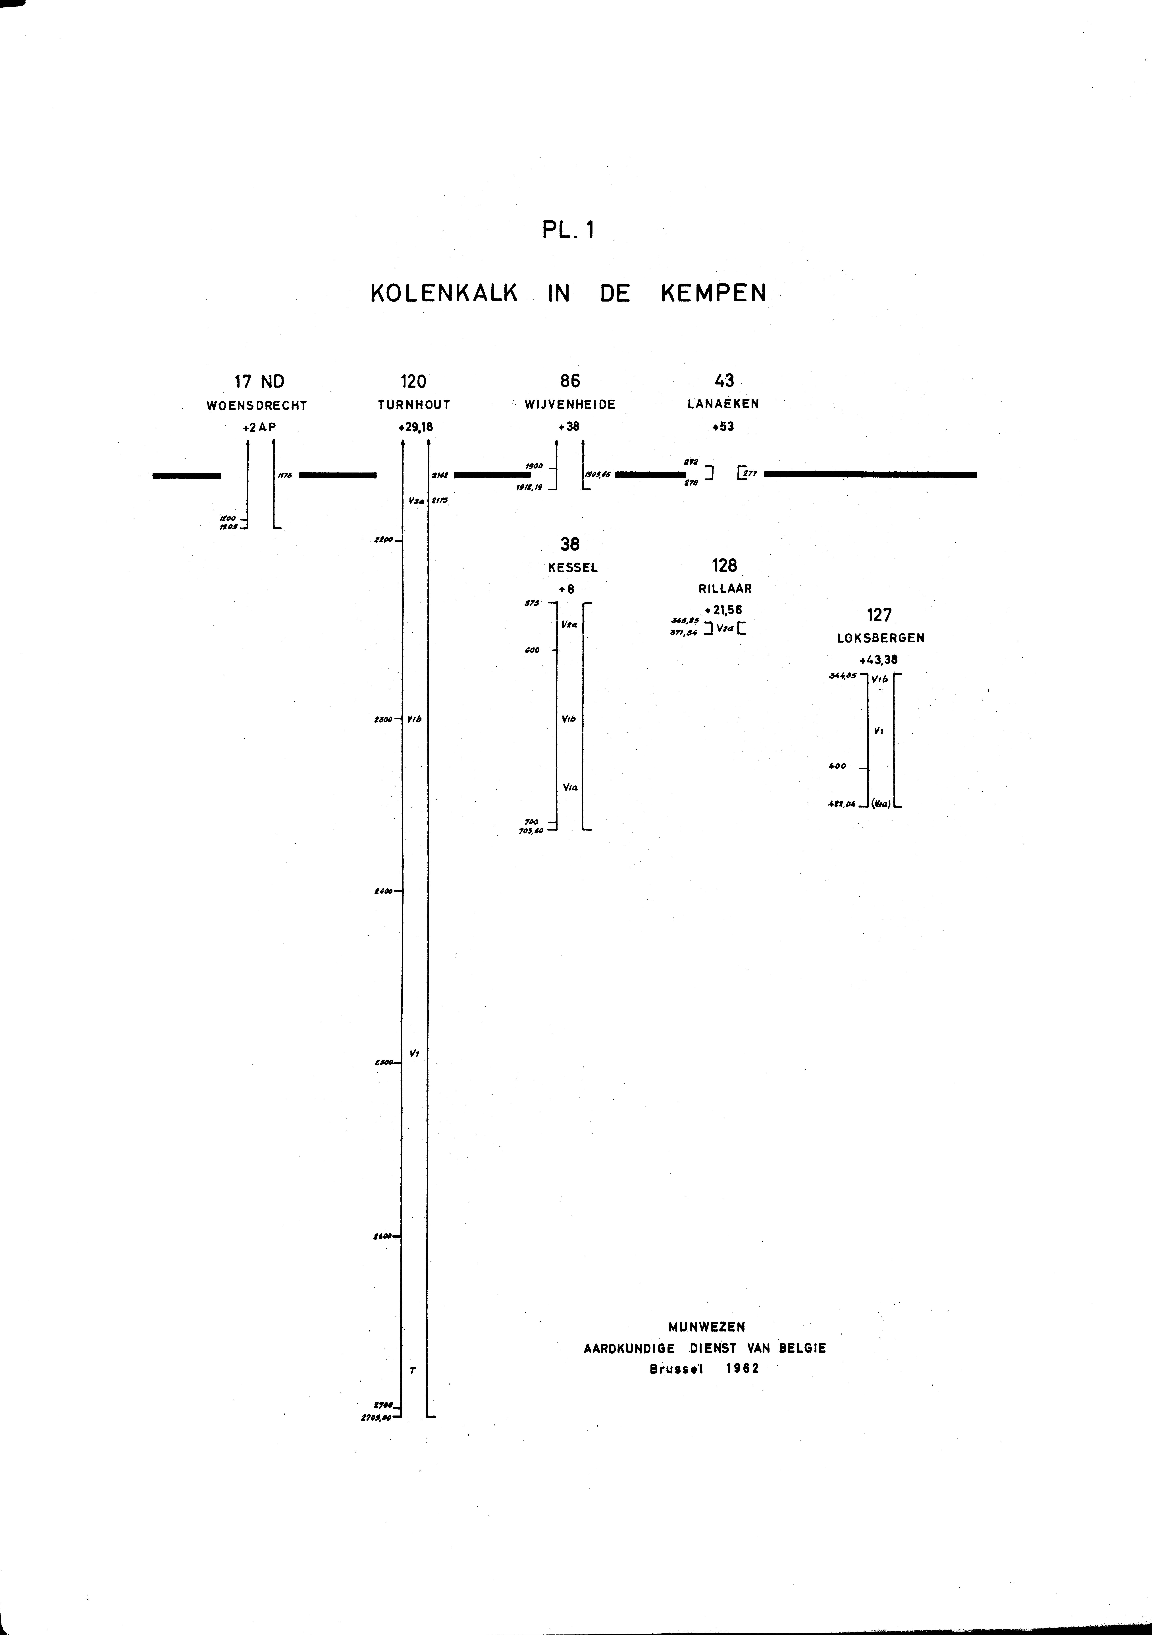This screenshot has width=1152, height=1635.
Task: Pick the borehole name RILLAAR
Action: [x=725, y=589]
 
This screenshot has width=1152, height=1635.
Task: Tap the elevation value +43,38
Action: [x=878, y=659]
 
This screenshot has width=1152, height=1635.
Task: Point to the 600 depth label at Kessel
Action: [x=532, y=650]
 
